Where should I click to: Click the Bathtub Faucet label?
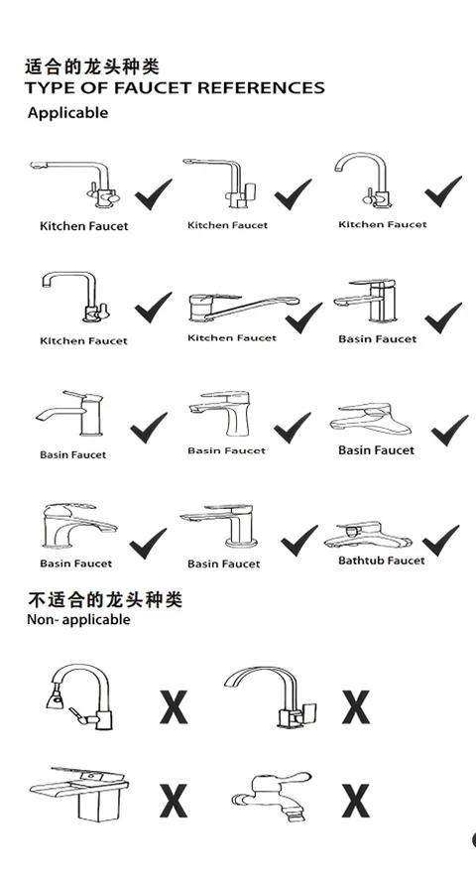(x=382, y=561)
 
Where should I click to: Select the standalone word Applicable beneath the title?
(x=67, y=113)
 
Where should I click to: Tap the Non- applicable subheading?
(x=78, y=619)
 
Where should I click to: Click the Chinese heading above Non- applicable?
(x=105, y=599)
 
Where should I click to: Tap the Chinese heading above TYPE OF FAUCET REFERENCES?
(x=91, y=66)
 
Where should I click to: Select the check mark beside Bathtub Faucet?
(x=440, y=540)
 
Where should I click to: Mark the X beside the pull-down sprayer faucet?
(x=174, y=706)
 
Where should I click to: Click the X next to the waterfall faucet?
(x=174, y=801)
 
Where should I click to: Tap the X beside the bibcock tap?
(x=356, y=801)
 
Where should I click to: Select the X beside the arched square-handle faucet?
(x=356, y=706)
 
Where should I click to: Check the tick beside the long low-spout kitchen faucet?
(x=303, y=317)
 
